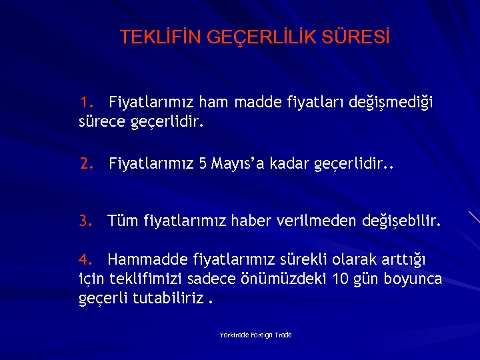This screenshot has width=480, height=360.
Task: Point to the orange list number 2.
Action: (86, 163)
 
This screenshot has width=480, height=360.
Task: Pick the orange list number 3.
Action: (85, 221)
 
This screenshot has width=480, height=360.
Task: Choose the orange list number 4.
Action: (85, 259)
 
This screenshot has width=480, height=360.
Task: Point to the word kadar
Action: (291, 163)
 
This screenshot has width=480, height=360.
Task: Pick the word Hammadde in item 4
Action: (147, 259)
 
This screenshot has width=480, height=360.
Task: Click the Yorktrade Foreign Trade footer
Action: (256, 335)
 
